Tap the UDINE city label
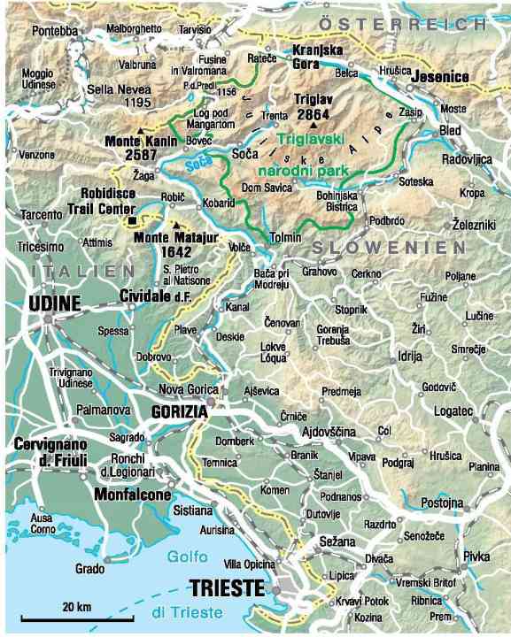click(x=55, y=303)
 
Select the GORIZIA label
click(x=180, y=412)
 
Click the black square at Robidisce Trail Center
click(x=132, y=219)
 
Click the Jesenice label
click(x=439, y=77)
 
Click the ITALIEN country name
click(x=81, y=270)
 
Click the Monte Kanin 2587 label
click(x=131, y=148)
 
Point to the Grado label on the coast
click(x=90, y=569)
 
